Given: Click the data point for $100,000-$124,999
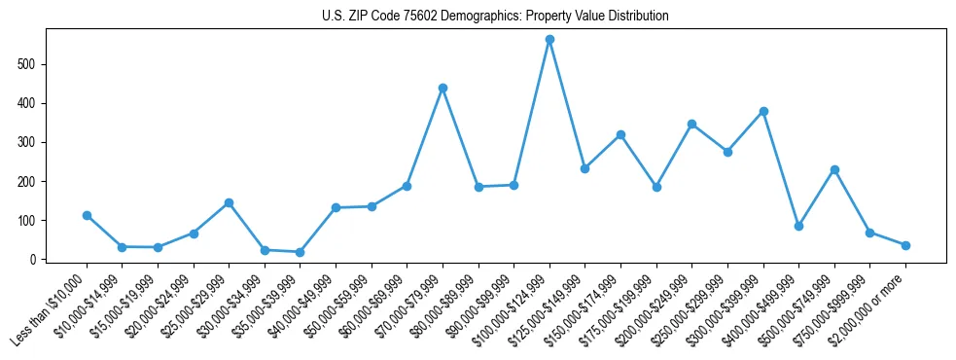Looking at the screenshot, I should [549, 40].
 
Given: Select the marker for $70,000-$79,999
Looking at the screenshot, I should [443, 88].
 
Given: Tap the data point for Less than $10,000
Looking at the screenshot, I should [87, 215].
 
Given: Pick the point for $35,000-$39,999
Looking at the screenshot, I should [300, 252].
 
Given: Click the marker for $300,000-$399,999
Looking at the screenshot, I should [763, 111].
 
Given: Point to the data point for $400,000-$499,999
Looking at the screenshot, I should [798, 226].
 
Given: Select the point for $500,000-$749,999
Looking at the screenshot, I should [834, 169].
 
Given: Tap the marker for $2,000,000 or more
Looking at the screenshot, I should [905, 245].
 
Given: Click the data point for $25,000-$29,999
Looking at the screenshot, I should [229, 202].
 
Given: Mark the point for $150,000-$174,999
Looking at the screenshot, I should [620, 134].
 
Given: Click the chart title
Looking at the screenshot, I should [495, 17].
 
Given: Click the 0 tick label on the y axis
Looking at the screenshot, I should [34, 260].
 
